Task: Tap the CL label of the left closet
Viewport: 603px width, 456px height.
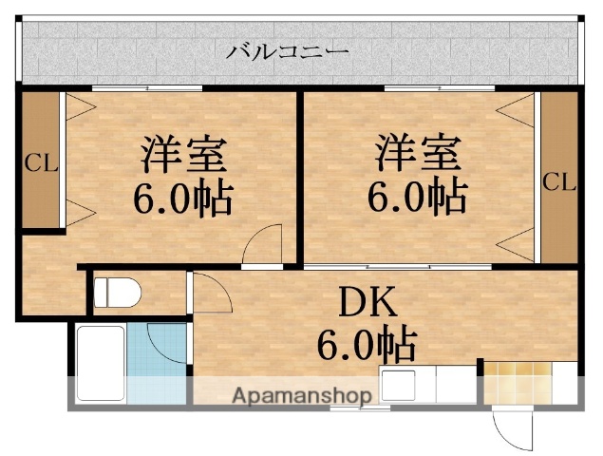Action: tap(41, 162)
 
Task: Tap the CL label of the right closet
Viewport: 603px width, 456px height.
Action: tap(559, 181)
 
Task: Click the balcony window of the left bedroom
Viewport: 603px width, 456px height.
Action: tap(147, 88)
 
